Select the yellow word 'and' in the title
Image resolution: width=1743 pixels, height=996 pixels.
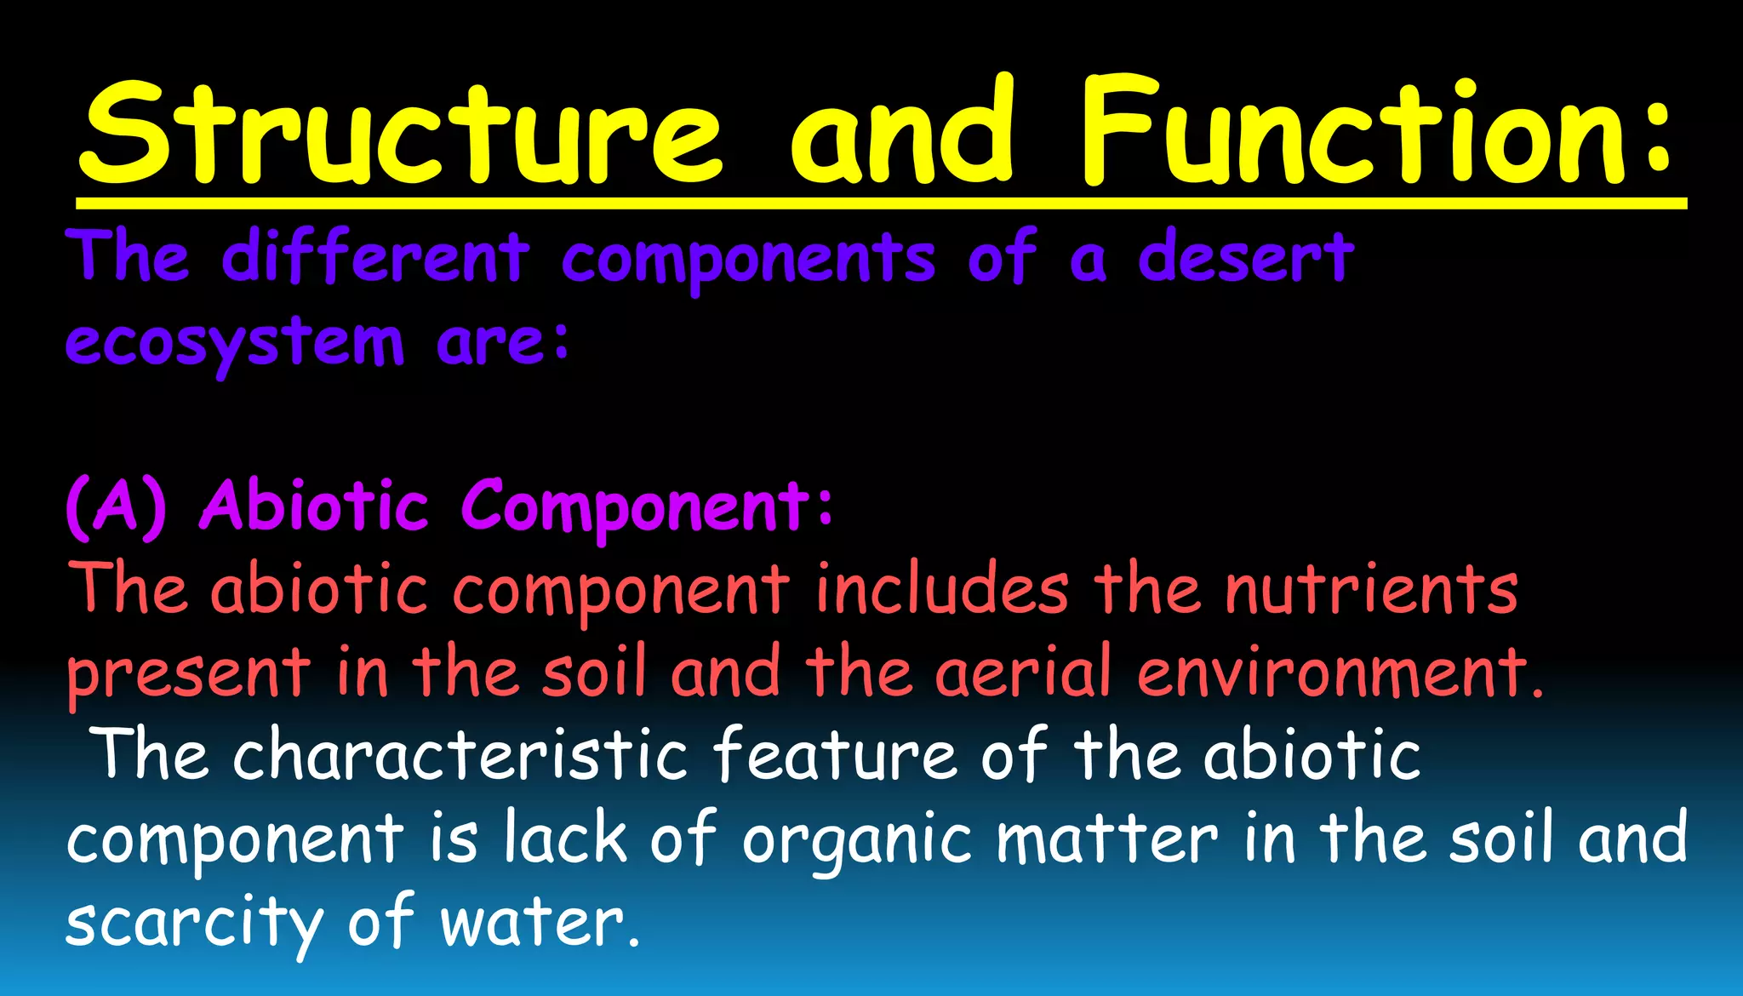[902, 132]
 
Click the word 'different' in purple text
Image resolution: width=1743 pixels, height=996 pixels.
[374, 257]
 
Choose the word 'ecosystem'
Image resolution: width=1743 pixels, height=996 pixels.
[234, 343]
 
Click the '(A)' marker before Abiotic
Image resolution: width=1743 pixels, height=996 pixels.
[116, 507]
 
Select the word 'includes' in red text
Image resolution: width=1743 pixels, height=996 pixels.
[941, 589]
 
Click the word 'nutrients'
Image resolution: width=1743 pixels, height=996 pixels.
[1371, 589]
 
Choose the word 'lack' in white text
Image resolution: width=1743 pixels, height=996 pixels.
[565, 839]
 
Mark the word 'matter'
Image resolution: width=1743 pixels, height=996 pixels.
[1106, 839]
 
